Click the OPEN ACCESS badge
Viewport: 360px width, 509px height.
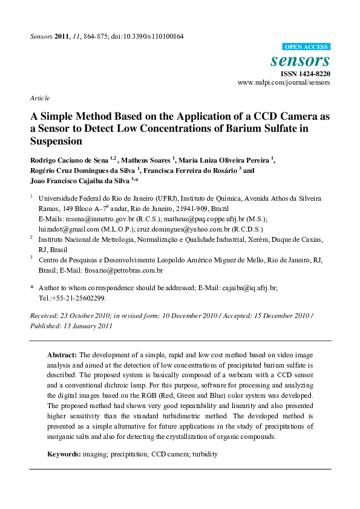tap(306, 47)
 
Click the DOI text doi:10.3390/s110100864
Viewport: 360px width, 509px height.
tap(152, 36)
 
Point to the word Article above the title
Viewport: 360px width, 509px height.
tap(39, 98)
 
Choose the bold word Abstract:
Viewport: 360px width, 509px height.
tap(62, 354)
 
